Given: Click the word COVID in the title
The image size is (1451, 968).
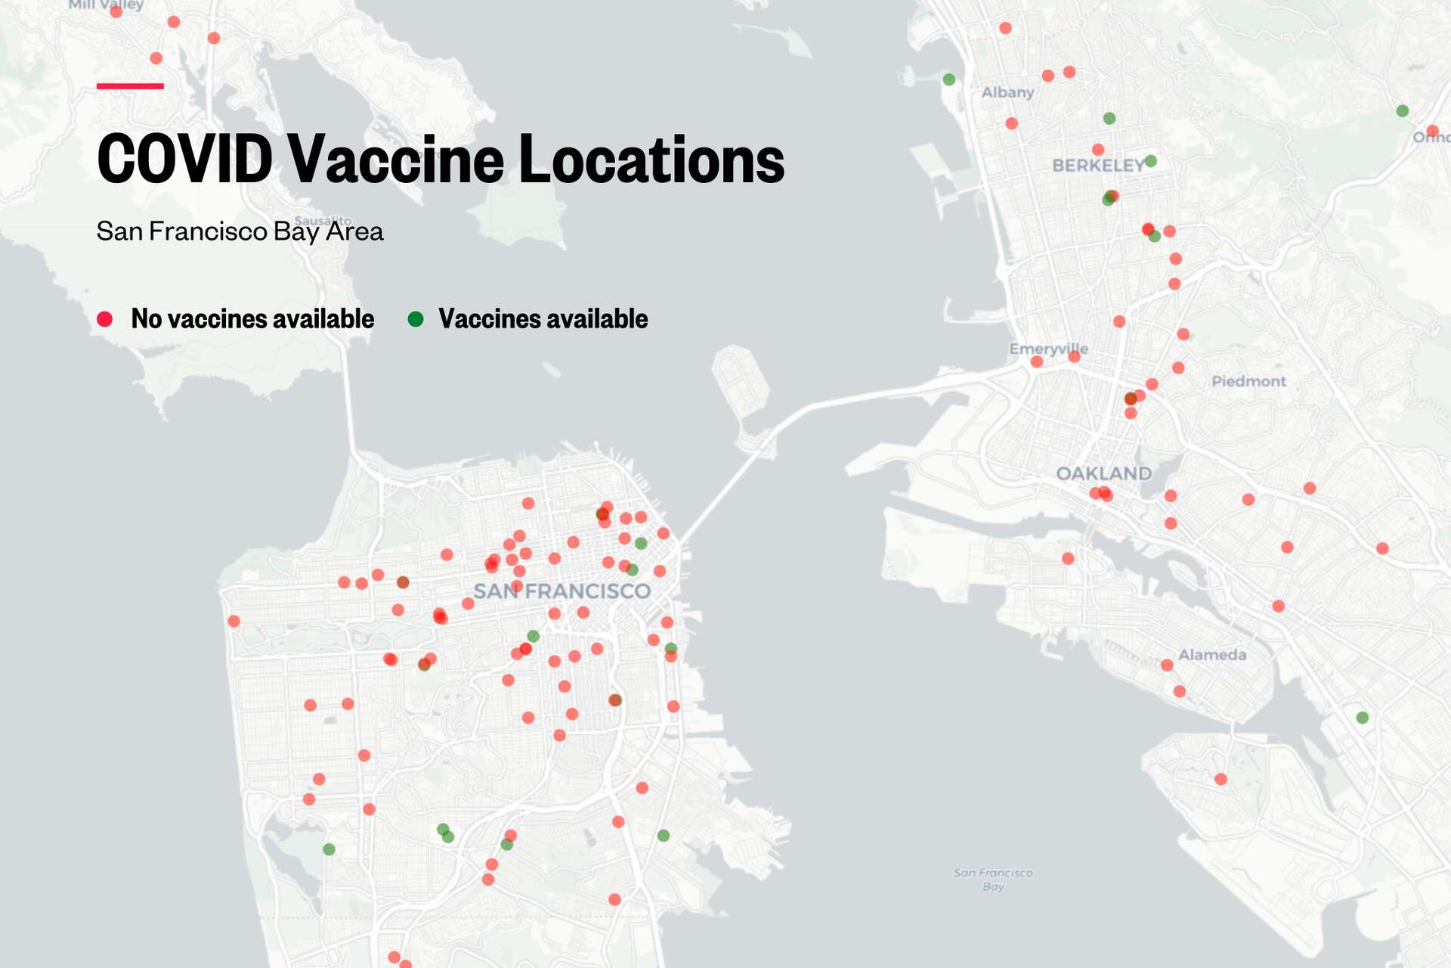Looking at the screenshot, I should tap(184, 159).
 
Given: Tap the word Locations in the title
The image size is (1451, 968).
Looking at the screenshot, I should tap(651, 159).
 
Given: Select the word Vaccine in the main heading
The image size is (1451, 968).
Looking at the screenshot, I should tap(395, 159).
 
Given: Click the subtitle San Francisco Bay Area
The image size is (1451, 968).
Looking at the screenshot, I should tap(240, 231).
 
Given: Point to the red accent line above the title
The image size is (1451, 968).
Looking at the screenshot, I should tap(130, 86).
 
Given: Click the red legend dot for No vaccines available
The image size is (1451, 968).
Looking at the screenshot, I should tap(105, 319).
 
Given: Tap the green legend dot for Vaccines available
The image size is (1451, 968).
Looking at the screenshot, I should tap(415, 319).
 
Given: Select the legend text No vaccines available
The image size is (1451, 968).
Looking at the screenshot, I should tap(252, 319).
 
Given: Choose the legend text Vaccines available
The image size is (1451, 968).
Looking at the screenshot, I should tap(543, 319).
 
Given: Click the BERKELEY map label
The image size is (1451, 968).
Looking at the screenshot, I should tap(1097, 166).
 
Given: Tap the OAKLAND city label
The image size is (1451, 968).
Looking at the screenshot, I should tap(1103, 473).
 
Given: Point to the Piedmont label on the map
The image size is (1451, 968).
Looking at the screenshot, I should tap(1248, 381).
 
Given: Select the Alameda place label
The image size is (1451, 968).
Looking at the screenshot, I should tap(1212, 655).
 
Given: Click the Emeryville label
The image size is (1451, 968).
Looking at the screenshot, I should tap(1048, 349).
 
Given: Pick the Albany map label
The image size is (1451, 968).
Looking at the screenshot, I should tap(1007, 92).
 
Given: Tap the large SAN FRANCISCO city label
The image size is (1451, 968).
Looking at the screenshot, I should tap(562, 591).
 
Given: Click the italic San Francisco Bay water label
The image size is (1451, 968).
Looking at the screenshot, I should tap(993, 880).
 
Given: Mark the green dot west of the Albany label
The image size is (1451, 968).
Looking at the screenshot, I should tap(949, 79).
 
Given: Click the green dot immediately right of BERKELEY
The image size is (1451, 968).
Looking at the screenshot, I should tap(1150, 161).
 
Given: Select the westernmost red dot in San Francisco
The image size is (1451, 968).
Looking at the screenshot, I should tap(234, 621).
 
